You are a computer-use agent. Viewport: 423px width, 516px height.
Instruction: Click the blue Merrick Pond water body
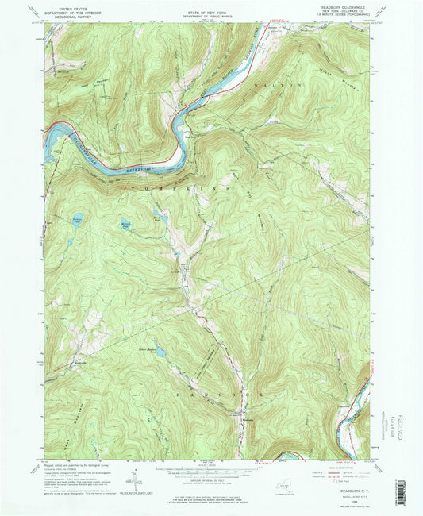tap(126, 225)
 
